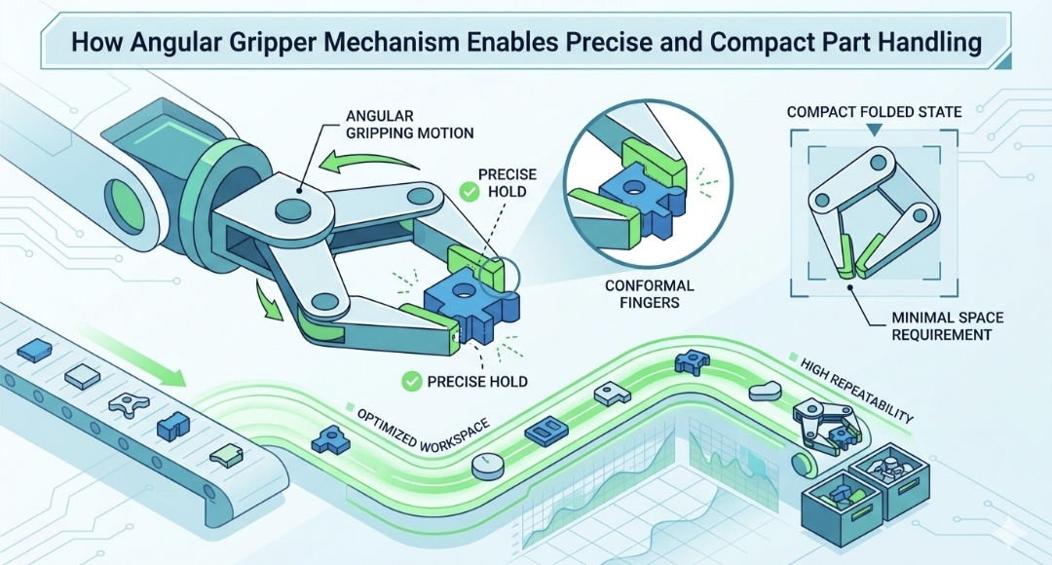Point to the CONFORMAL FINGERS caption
pos(651,295)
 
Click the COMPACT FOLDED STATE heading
pos(875,112)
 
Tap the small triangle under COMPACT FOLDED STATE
pos(875,129)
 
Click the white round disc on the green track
pos(487,467)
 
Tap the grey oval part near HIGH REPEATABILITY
pos(764,393)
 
